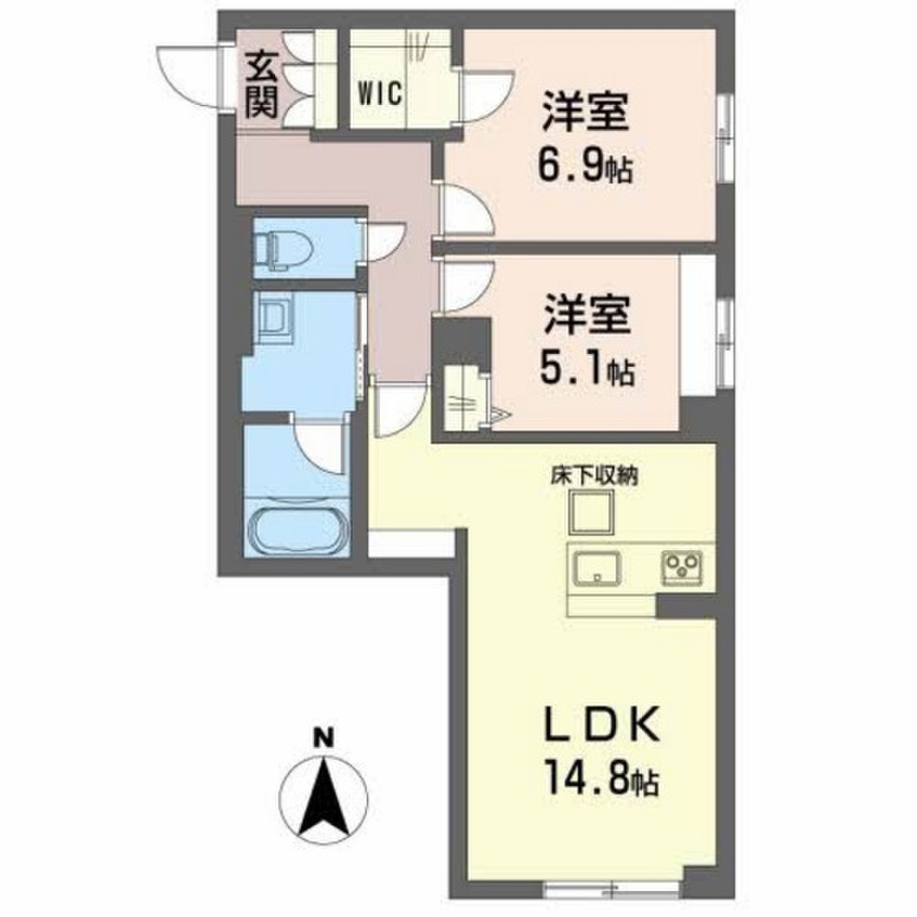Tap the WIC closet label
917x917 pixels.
380,93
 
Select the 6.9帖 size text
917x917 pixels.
586,167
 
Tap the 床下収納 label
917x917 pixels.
594,476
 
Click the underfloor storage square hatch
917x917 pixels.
592,512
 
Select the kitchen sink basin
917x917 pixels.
596,568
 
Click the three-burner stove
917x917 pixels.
681,568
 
